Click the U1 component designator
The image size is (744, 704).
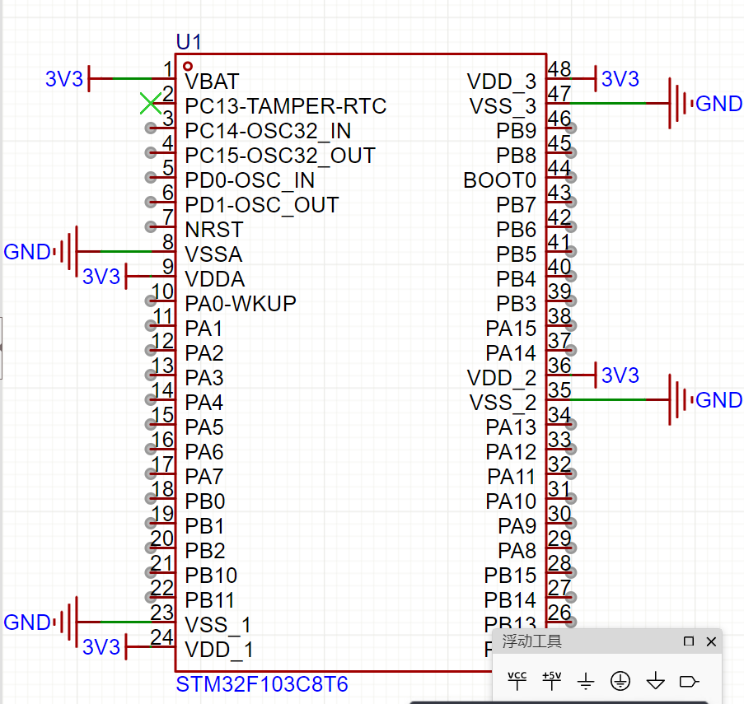[x=189, y=41]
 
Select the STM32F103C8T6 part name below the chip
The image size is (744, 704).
[x=262, y=684]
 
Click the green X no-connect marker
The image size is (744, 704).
[x=150, y=104]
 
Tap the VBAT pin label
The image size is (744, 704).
[x=212, y=82]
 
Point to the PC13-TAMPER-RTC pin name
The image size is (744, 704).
[x=285, y=106]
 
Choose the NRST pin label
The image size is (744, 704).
[x=214, y=230]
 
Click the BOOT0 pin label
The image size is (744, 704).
[x=499, y=180]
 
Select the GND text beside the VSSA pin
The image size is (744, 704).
[x=27, y=252]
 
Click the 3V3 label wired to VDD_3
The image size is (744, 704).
[x=620, y=79]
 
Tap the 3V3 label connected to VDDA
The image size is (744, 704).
[x=101, y=277]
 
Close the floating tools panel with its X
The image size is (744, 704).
[x=711, y=641]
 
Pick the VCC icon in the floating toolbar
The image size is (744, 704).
[x=517, y=680]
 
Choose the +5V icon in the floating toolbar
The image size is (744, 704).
[x=551, y=680]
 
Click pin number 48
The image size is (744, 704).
[x=559, y=69]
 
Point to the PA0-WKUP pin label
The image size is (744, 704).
[x=241, y=304]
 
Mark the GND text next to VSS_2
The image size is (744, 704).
[x=718, y=400]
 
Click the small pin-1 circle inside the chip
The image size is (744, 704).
[x=189, y=66]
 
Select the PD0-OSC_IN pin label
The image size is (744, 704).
[x=250, y=180]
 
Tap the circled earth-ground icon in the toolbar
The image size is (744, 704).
[x=620, y=681]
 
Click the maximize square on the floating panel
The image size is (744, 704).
[x=689, y=641]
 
